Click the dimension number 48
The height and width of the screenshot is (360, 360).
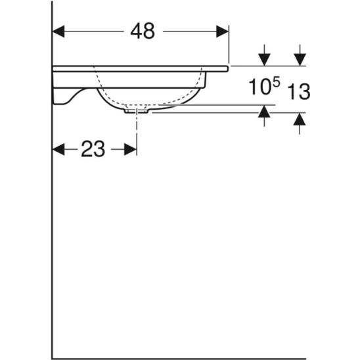pos(143,31)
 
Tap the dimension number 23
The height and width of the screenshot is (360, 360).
pos(93,149)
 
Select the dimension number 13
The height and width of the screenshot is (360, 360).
pos(299,91)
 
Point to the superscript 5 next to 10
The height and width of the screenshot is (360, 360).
pos(277,82)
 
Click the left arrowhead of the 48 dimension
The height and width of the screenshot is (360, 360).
pos(58,32)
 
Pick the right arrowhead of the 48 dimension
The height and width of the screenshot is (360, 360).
pos(222,32)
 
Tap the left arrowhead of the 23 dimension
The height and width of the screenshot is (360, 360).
pos(58,149)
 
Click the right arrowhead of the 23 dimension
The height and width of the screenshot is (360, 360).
pos(131,149)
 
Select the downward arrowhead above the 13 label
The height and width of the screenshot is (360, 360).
pos(300,60)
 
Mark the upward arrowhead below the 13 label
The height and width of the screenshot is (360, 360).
pos(300,119)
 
